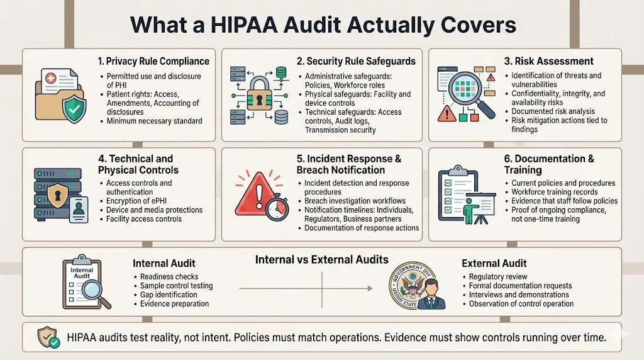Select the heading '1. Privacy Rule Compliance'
[x=153, y=61]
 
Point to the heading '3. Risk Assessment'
[x=549, y=61]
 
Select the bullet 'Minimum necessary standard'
[x=155, y=121]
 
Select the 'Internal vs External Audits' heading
[x=321, y=259]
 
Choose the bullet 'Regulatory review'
[x=498, y=276]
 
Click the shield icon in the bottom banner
[x=48, y=337]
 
